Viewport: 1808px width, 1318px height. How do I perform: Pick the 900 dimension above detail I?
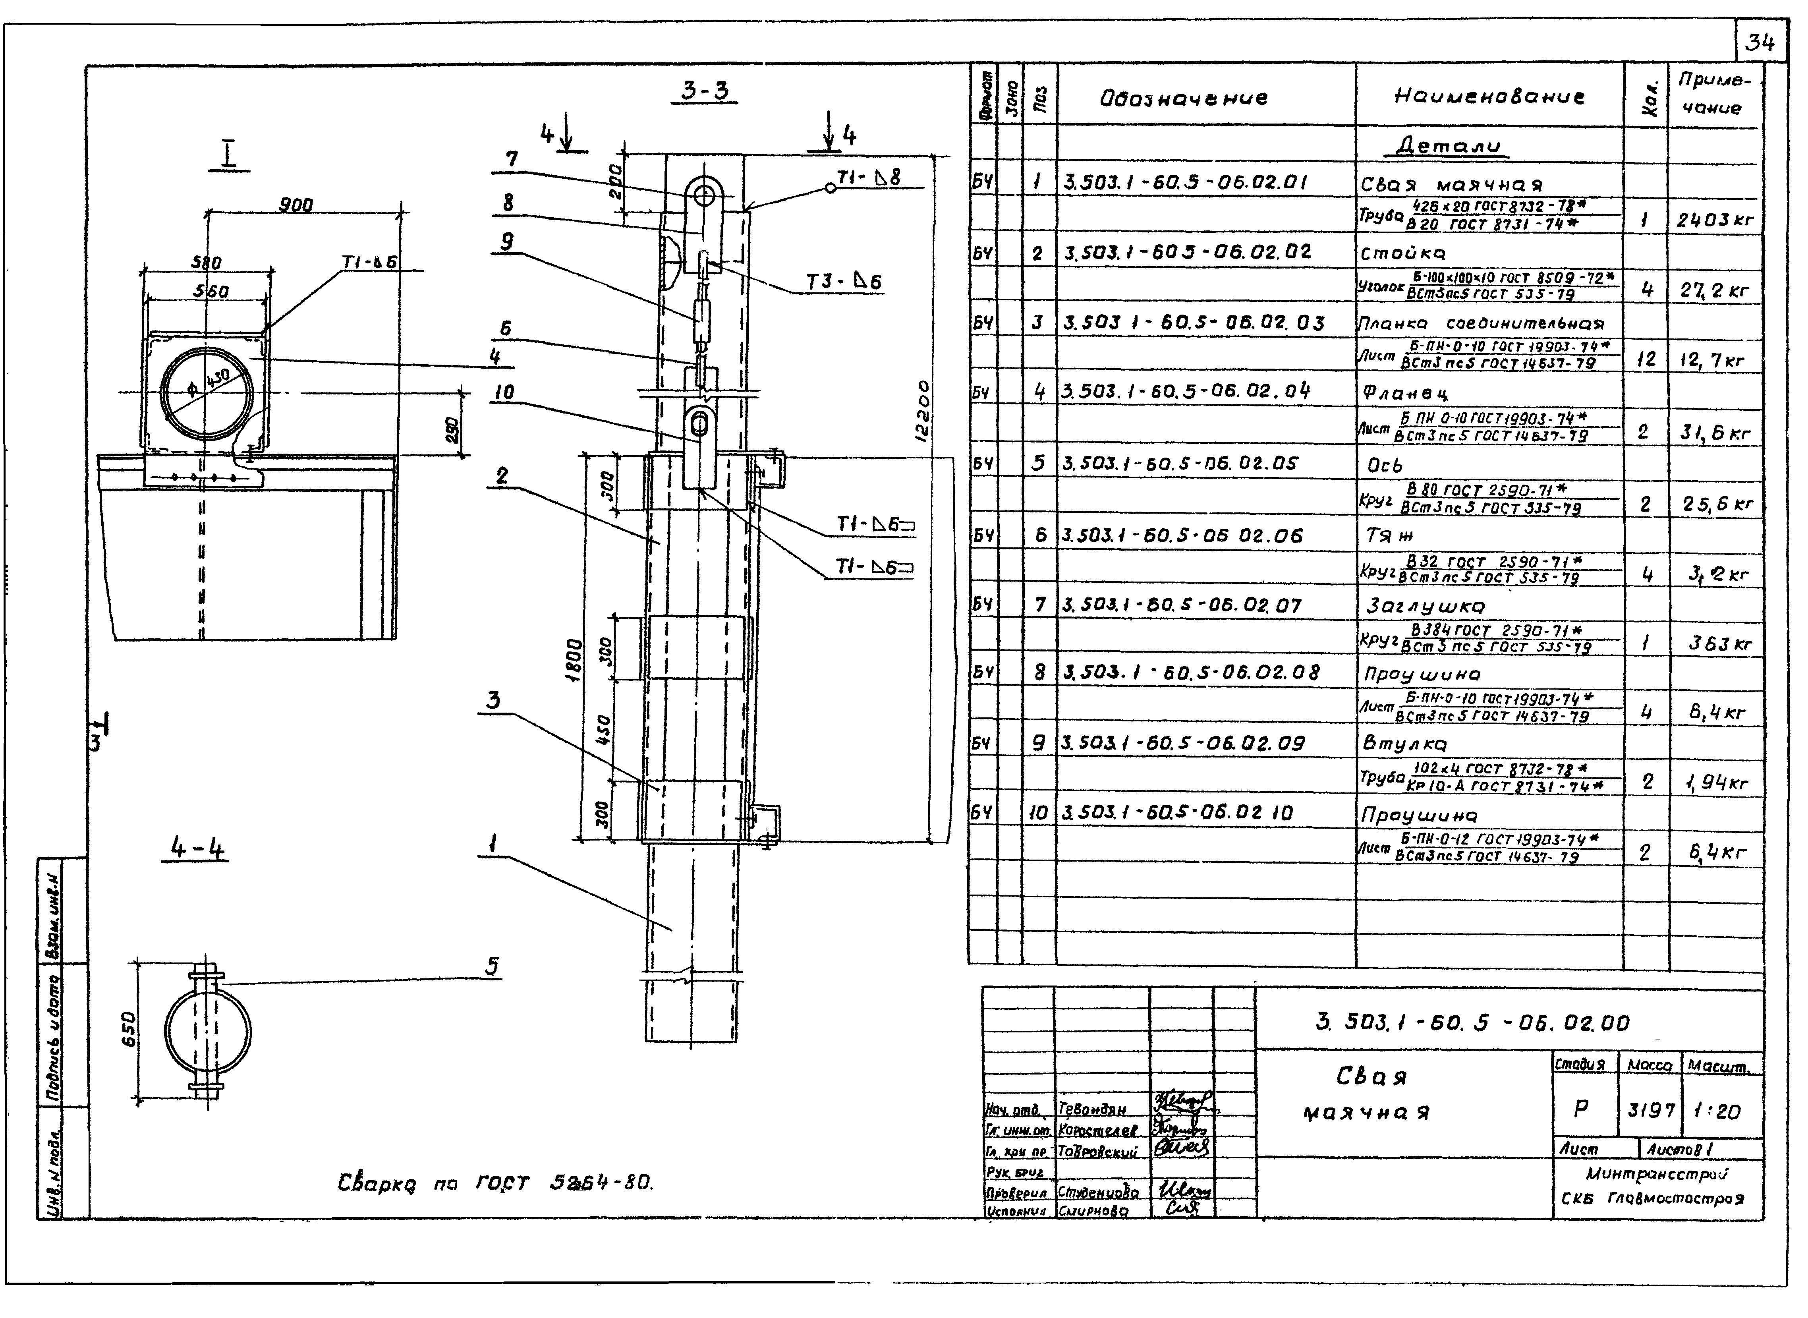click(295, 205)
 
